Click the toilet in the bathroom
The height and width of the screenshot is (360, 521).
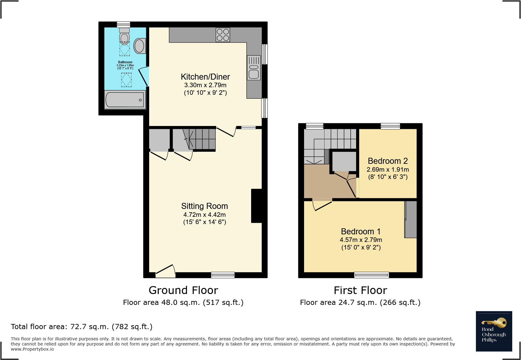124,36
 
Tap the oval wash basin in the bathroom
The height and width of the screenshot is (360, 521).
139,46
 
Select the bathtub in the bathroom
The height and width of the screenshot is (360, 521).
125,100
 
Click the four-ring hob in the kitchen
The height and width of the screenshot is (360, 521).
223,35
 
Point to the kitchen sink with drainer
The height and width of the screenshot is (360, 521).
254,68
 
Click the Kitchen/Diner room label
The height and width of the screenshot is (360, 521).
205,77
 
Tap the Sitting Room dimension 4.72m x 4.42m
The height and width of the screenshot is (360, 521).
205,215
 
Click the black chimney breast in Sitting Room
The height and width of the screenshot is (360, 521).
257,206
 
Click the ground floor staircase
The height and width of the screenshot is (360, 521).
200,139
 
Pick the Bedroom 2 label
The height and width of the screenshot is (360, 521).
388,161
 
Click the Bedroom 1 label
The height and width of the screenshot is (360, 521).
361,232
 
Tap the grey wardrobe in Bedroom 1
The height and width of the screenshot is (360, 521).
411,219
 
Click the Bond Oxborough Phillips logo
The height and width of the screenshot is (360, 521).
494,331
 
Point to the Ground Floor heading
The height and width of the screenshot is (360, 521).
183,290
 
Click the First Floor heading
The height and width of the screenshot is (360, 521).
360,290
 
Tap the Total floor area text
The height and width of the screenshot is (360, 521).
82,327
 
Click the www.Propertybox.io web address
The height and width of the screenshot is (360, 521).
32,349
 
